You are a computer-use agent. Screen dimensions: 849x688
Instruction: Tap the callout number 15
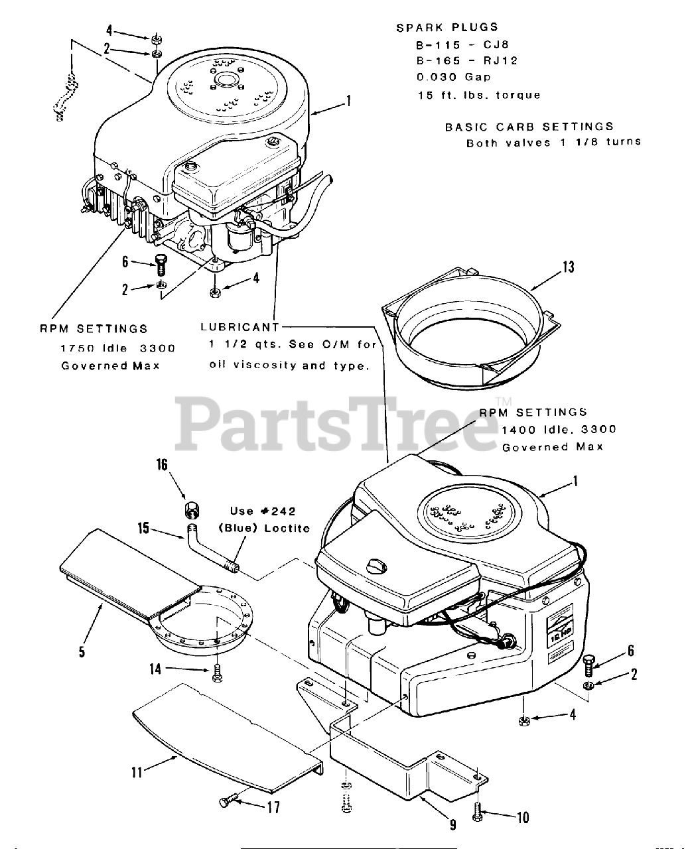pos(143,529)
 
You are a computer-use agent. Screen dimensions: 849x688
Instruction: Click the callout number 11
pos(137,771)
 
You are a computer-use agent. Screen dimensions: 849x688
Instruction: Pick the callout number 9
pos(452,824)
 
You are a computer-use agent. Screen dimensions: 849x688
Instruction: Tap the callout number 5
pos(82,651)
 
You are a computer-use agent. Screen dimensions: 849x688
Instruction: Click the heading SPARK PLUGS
pos(447,27)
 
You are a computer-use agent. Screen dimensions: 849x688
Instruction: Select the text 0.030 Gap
pos(445,77)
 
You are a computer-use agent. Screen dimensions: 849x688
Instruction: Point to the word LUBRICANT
pos(240,327)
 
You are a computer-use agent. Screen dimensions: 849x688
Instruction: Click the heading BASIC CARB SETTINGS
pos(529,126)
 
